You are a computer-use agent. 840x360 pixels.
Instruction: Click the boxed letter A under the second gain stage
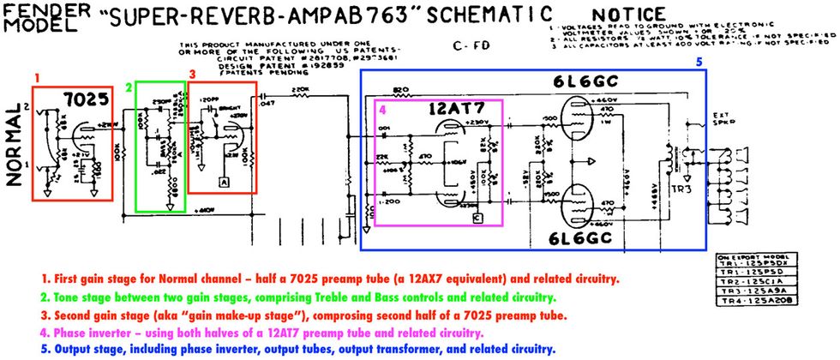click(223, 182)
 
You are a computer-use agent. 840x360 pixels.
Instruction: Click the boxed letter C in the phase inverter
click(477, 218)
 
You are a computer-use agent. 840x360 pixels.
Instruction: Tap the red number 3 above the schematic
click(193, 75)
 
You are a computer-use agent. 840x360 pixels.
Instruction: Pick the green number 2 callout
click(129, 87)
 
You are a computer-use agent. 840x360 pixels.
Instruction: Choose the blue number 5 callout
click(699, 62)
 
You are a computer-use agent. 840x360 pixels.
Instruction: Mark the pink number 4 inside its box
click(382, 110)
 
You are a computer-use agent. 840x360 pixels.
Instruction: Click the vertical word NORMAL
click(15, 142)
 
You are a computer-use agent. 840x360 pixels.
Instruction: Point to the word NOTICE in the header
click(628, 15)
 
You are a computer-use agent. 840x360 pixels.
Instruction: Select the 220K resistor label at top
click(300, 89)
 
